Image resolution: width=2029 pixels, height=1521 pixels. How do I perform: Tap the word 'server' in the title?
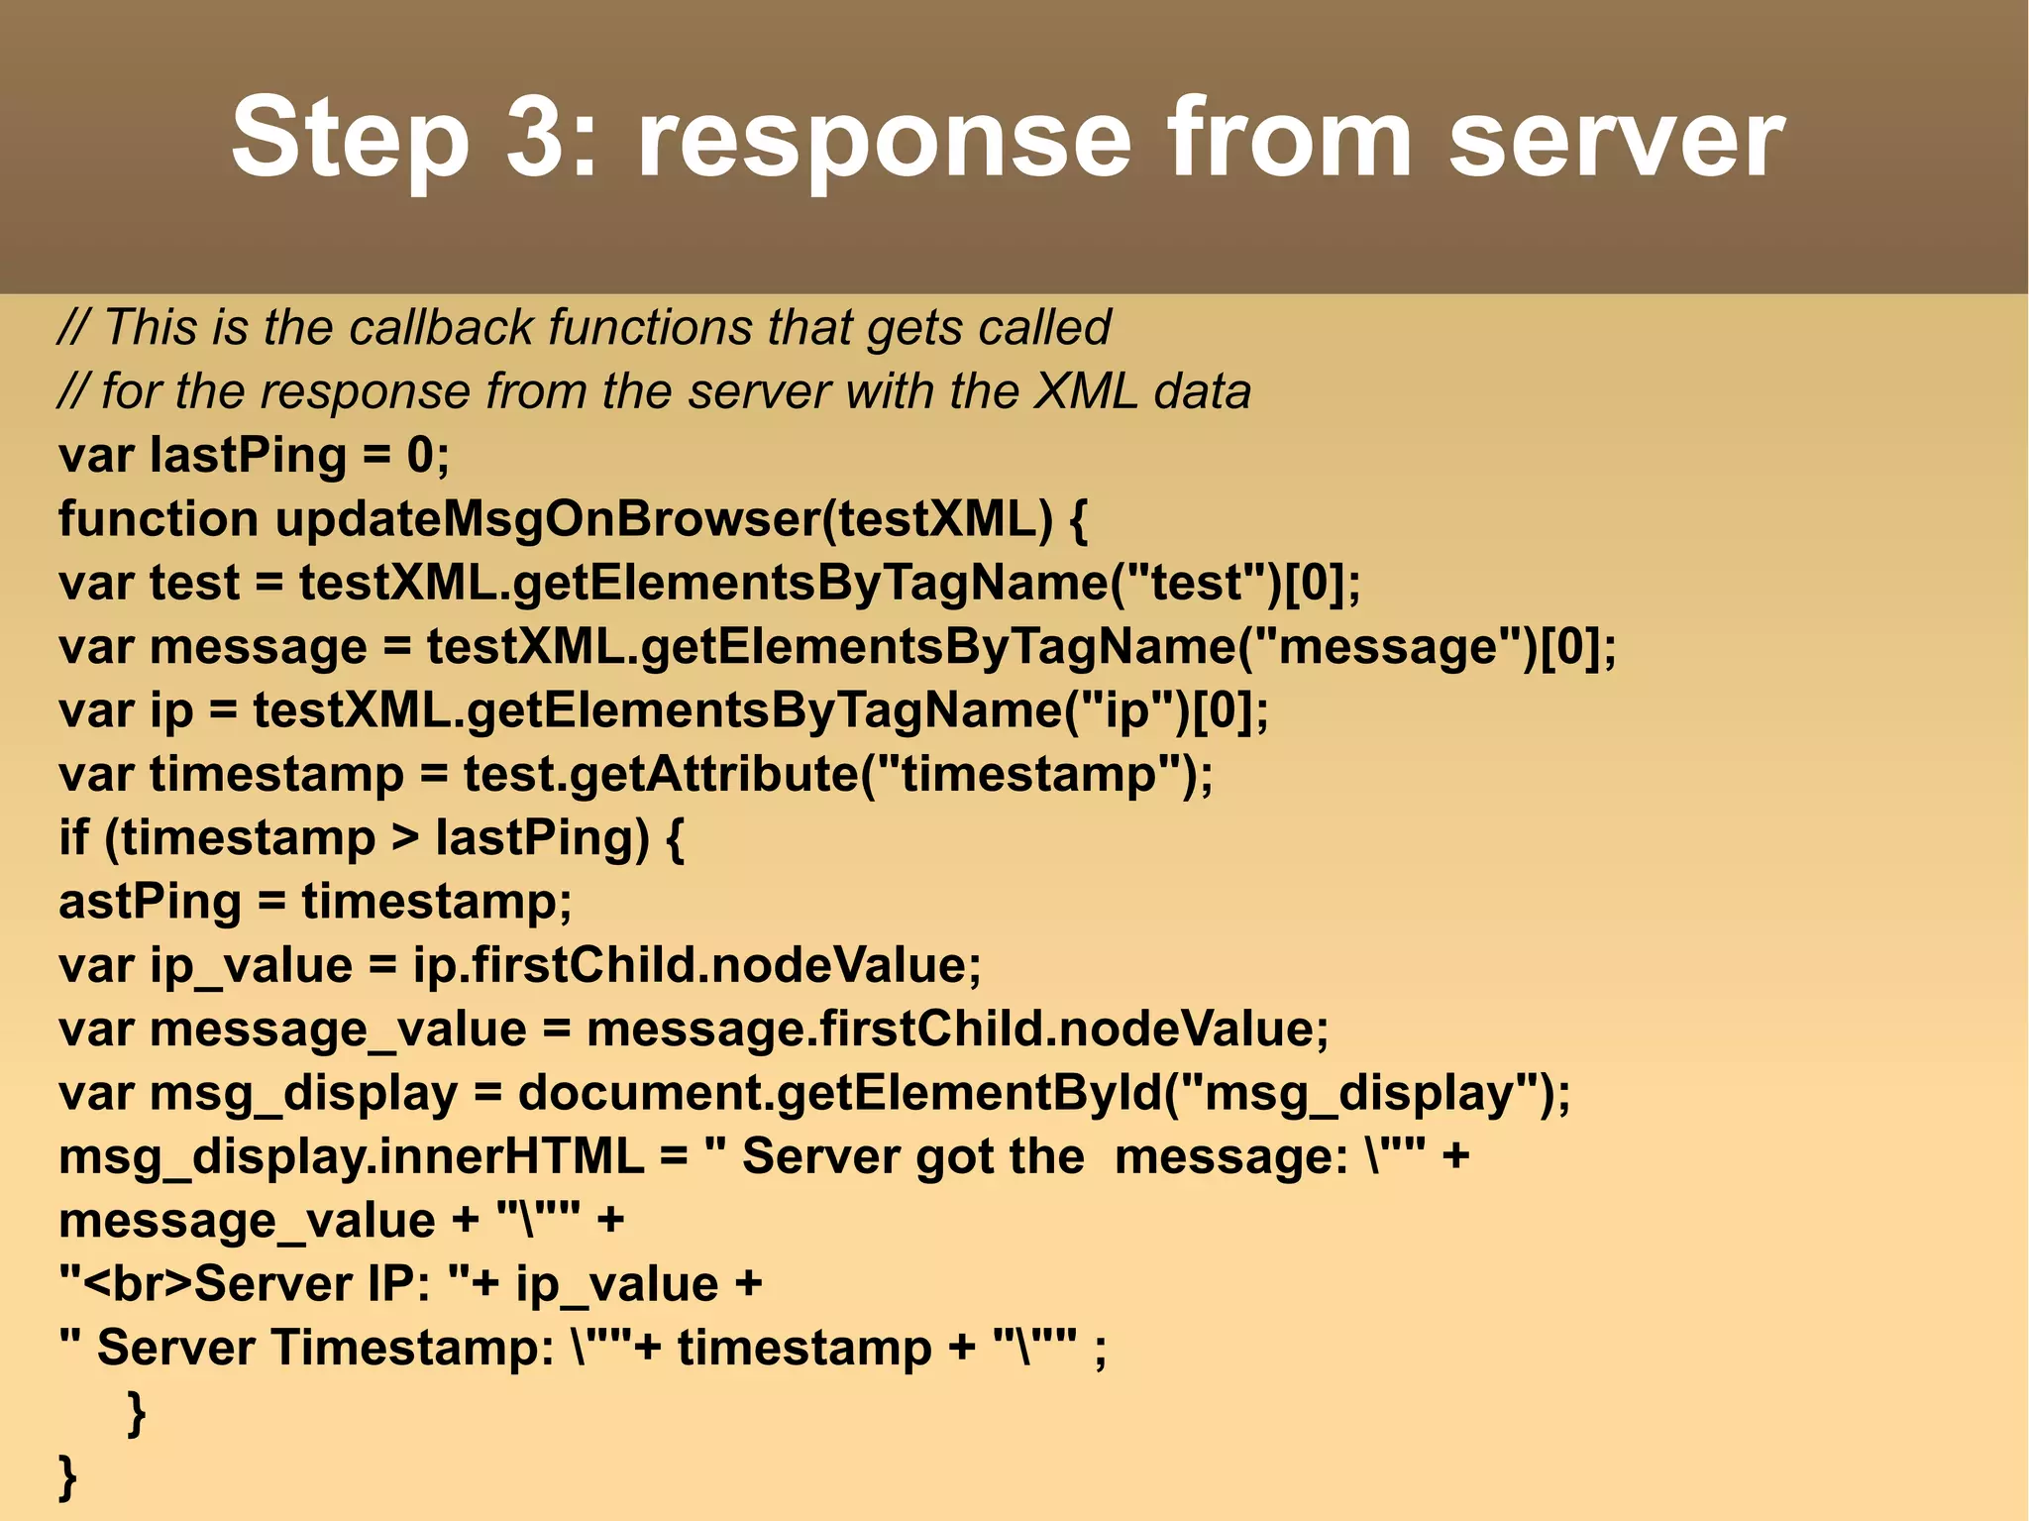[1617, 139]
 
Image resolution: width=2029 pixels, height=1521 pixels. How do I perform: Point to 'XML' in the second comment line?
[1087, 391]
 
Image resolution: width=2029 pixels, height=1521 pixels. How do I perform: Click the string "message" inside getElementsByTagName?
[1388, 647]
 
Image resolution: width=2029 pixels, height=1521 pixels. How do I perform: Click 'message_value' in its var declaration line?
[338, 1030]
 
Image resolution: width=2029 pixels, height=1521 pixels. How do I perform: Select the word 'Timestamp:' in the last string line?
[412, 1348]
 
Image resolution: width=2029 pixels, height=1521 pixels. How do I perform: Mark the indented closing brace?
[137, 1412]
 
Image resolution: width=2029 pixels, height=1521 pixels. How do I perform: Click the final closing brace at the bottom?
[67, 1476]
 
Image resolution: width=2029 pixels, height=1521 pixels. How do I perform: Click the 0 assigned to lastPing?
[420, 456]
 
